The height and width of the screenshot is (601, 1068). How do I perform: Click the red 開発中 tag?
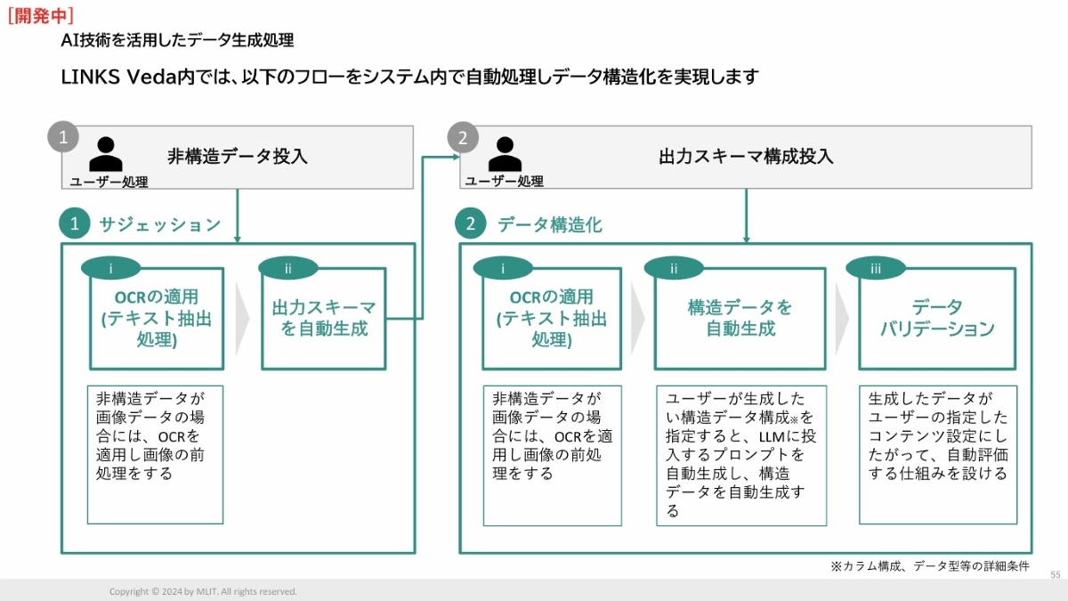tap(40, 15)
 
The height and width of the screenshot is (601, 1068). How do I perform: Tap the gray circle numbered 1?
tap(62, 138)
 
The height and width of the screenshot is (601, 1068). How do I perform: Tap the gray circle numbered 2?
tap(462, 138)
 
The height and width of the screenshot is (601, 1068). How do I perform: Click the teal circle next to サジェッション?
tap(75, 223)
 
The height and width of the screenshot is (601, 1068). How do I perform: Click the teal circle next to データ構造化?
tap(471, 223)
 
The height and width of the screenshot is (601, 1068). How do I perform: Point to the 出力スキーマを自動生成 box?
tap(324, 318)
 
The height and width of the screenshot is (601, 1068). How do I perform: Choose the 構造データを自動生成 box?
tap(740, 318)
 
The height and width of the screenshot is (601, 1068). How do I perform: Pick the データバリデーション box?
tap(937, 318)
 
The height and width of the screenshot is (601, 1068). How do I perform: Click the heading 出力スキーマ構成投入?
tap(746, 157)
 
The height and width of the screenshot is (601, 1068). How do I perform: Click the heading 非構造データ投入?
tap(238, 157)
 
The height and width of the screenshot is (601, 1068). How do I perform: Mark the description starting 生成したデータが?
tap(937, 436)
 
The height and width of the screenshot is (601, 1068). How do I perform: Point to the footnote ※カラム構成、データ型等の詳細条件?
tap(929, 566)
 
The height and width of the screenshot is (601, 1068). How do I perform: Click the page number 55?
tap(1056, 575)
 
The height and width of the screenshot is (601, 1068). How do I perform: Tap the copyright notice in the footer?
tap(203, 591)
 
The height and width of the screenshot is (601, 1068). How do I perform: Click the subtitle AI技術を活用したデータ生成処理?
tap(177, 41)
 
